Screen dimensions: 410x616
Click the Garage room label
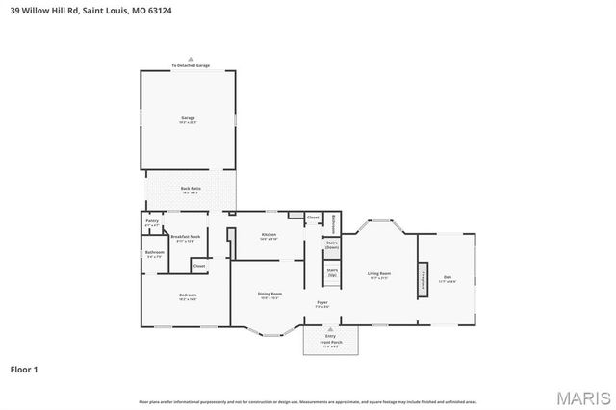click(188, 119)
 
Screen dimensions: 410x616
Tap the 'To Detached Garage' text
click(190, 65)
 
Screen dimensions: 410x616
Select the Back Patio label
click(190, 190)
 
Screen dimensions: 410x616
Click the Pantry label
click(152, 222)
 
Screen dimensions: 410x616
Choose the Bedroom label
click(187, 296)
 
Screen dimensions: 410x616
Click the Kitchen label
click(269, 236)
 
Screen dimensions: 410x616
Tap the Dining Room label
click(269, 295)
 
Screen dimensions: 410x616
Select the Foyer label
click(322, 304)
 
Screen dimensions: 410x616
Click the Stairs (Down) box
click(332, 245)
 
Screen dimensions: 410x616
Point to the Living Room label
click(379, 276)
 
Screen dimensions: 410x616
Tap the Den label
click(447, 278)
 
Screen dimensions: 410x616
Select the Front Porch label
click(330, 344)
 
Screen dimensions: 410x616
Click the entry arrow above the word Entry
click(330, 328)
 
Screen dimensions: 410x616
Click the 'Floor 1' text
click(25, 368)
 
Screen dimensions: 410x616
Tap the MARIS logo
click(582, 397)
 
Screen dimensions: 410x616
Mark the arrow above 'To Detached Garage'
click(190, 59)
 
